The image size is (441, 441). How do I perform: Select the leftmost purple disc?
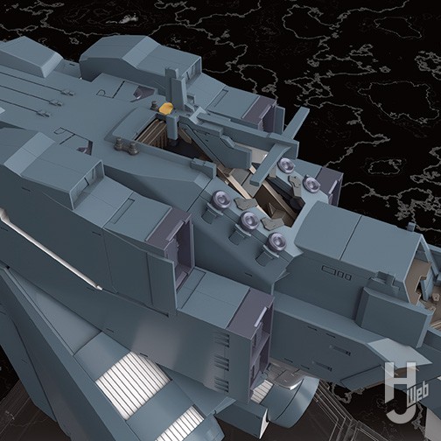[x=218, y=201]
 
